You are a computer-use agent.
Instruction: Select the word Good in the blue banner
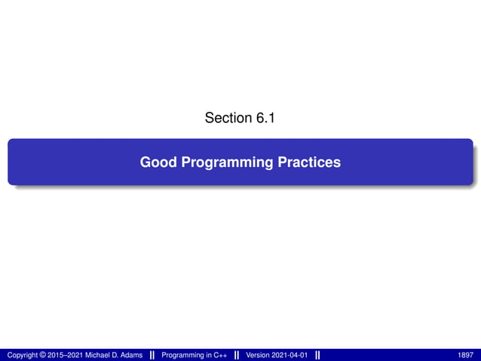coord(158,162)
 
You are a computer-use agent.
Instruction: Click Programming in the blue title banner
coord(228,162)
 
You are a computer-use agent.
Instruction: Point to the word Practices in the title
coord(311,162)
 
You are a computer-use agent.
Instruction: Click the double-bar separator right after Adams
coord(152,355)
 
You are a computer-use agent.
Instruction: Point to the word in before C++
coord(208,355)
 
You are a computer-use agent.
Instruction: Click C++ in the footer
coord(220,355)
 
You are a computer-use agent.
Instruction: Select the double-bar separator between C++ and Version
coord(237,355)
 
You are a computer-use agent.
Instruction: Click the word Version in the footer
coord(259,355)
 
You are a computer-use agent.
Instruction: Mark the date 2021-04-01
coord(291,355)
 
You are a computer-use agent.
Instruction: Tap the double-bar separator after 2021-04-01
coord(317,355)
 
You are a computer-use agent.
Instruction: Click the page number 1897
coord(466,355)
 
